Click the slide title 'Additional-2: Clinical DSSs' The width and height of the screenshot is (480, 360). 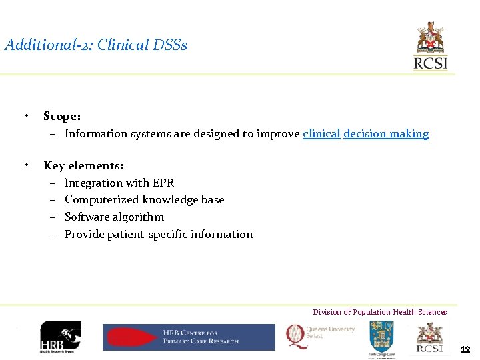pyautogui.click(x=96, y=45)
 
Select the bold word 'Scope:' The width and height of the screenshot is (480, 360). pyautogui.click(x=62, y=117)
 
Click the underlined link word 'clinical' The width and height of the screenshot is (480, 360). pyautogui.click(x=321, y=134)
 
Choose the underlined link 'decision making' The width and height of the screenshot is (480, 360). pyautogui.click(x=386, y=134)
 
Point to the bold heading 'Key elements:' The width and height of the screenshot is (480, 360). pyautogui.click(x=83, y=166)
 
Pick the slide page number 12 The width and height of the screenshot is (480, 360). pyautogui.click(x=465, y=349)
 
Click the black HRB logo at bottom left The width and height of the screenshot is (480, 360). pyautogui.click(x=60, y=337)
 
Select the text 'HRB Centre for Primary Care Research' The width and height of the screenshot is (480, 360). pyautogui.click(x=201, y=337)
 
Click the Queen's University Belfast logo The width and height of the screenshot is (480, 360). pyautogui.click(x=321, y=335)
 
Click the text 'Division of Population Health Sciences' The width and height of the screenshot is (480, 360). pyautogui.click(x=380, y=312)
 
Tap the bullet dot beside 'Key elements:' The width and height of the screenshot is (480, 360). pyautogui.click(x=25, y=165)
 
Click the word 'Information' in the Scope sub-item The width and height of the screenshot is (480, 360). pyautogui.click(x=93, y=134)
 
